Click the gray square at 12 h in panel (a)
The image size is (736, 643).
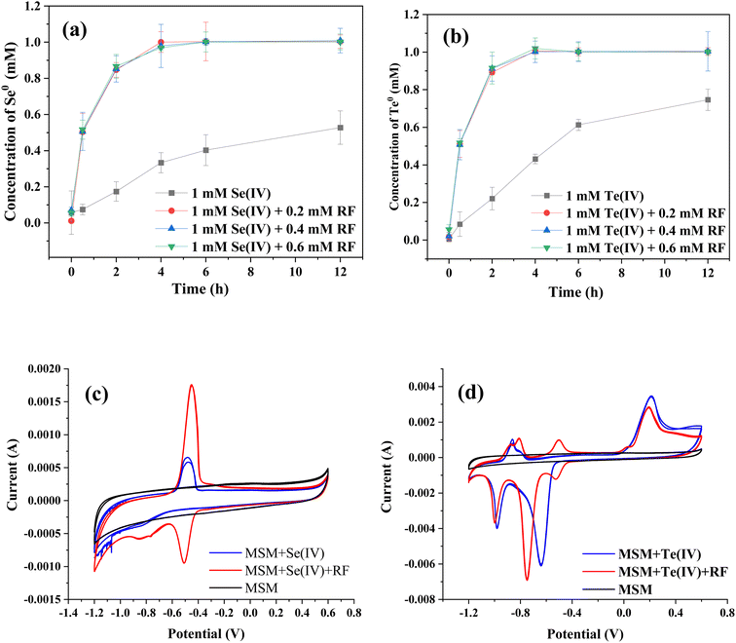point(340,128)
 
